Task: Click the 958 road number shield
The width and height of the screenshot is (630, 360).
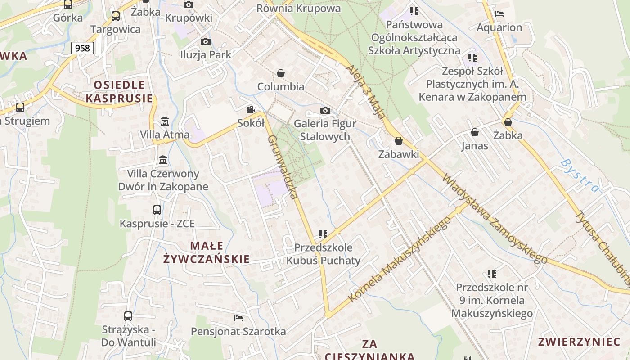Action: tap(82, 48)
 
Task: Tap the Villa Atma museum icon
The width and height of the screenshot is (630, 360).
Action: tap(165, 121)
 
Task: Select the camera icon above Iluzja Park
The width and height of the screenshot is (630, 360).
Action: tap(205, 42)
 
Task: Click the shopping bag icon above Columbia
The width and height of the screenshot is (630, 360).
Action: tap(281, 73)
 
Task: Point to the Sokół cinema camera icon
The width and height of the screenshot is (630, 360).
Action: tap(251, 110)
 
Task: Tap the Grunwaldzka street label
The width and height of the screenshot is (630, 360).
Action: tap(283, 167)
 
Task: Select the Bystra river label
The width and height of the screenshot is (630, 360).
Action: tap(580, 175)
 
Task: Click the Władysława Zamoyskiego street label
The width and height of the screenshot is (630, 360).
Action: tap(495, 219)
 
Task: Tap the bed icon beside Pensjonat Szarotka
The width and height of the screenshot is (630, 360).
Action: tap(238, 318)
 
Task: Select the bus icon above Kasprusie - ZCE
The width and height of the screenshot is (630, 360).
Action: tap(157, 210)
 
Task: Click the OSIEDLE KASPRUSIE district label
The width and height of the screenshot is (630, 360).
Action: tap(119, 91)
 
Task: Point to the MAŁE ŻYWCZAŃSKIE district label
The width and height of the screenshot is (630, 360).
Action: tap(207, 252)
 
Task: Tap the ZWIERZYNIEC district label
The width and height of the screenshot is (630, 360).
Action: tap(579, 342)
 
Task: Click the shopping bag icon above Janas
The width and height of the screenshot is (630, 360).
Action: tap(474, 132)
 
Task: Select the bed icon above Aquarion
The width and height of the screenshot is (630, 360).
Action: tap(499, 14)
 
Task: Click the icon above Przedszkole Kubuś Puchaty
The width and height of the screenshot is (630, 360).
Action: tap(323, 234)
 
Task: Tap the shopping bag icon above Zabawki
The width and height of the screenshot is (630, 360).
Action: tap(398, 141)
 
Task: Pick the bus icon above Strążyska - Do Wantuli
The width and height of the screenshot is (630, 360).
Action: tap(128, 316)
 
